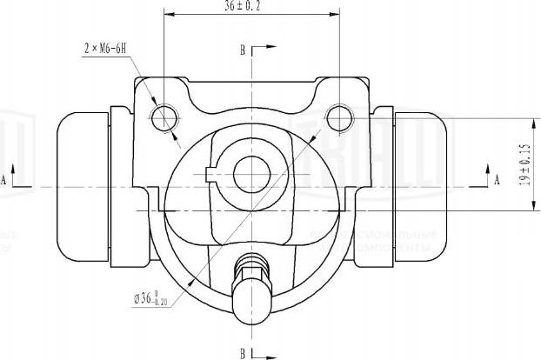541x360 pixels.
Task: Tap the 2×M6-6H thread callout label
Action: (106, 48)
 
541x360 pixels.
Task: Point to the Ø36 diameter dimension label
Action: (150, 298)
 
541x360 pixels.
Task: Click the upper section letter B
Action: (243, 50)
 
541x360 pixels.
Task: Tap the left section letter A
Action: (4, 180)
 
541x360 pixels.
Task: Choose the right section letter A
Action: (497, 180)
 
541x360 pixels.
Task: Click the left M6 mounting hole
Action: (164, 117)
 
